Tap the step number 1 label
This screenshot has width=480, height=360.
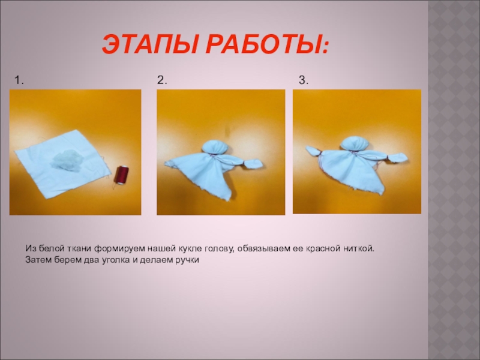19,80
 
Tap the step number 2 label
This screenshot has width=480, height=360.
162,80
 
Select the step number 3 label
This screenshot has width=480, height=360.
304,80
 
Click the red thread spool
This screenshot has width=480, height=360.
122,175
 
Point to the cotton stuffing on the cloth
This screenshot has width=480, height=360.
67,159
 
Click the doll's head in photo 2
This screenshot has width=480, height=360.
215,146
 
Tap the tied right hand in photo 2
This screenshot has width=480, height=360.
253,163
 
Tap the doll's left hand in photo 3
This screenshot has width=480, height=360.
313,151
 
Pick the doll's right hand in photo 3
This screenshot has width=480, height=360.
398,157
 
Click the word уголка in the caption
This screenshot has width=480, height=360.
115,261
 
